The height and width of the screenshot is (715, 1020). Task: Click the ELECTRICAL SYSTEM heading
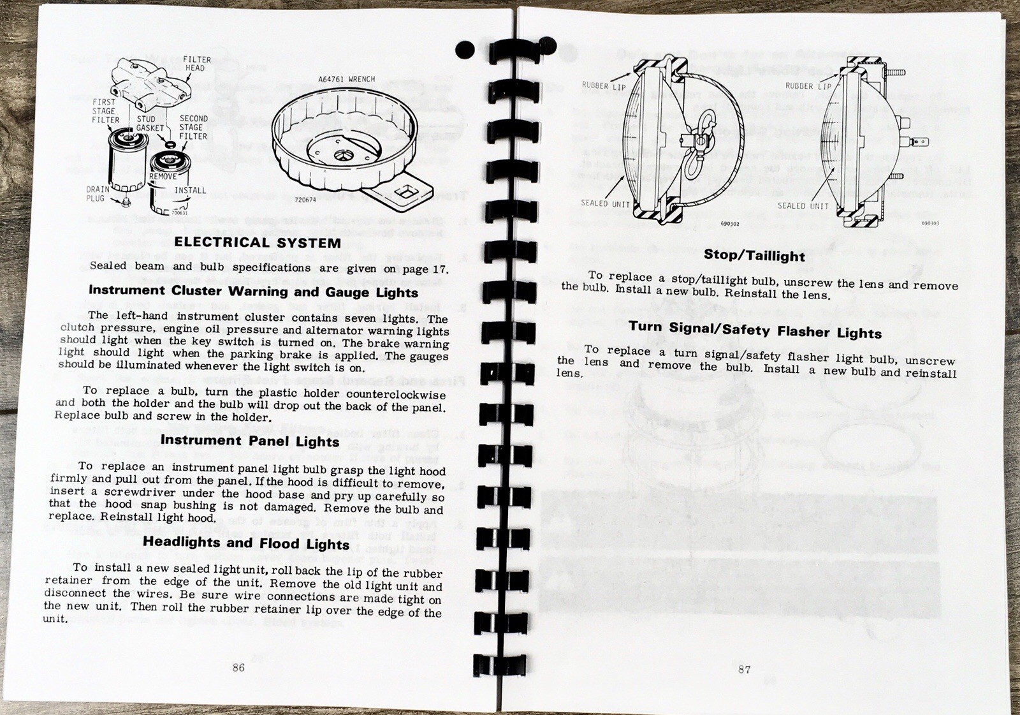[257, 242]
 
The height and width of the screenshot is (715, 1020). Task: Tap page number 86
[238, 667]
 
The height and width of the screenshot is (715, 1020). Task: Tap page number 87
[744, 669]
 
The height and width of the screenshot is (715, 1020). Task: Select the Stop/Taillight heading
[754, 255]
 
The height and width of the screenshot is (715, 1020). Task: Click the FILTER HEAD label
[196, 64]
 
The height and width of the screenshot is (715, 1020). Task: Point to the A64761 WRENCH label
[346, 80]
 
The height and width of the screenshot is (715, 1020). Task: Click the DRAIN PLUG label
[97, 194]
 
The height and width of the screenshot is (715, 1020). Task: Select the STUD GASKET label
[150, 124]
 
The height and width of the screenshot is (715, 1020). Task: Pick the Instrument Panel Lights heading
[250, 441]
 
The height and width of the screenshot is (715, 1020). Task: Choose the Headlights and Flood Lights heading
[246, 543]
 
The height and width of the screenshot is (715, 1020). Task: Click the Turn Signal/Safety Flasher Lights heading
[755, 330]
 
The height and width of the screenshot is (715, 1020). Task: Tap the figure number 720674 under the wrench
[305, 200]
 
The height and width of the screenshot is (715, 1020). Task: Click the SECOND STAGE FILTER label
[193, 128]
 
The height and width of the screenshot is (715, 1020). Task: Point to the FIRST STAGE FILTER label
[105, 111]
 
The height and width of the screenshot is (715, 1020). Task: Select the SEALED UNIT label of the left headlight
[605, 203]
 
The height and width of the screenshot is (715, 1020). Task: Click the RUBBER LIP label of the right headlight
[808, 86]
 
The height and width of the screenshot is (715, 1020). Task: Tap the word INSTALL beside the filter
[190, 190]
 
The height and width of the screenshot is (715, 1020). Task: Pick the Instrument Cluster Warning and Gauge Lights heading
[253, 291]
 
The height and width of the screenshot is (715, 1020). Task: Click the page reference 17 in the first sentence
[439, 269]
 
